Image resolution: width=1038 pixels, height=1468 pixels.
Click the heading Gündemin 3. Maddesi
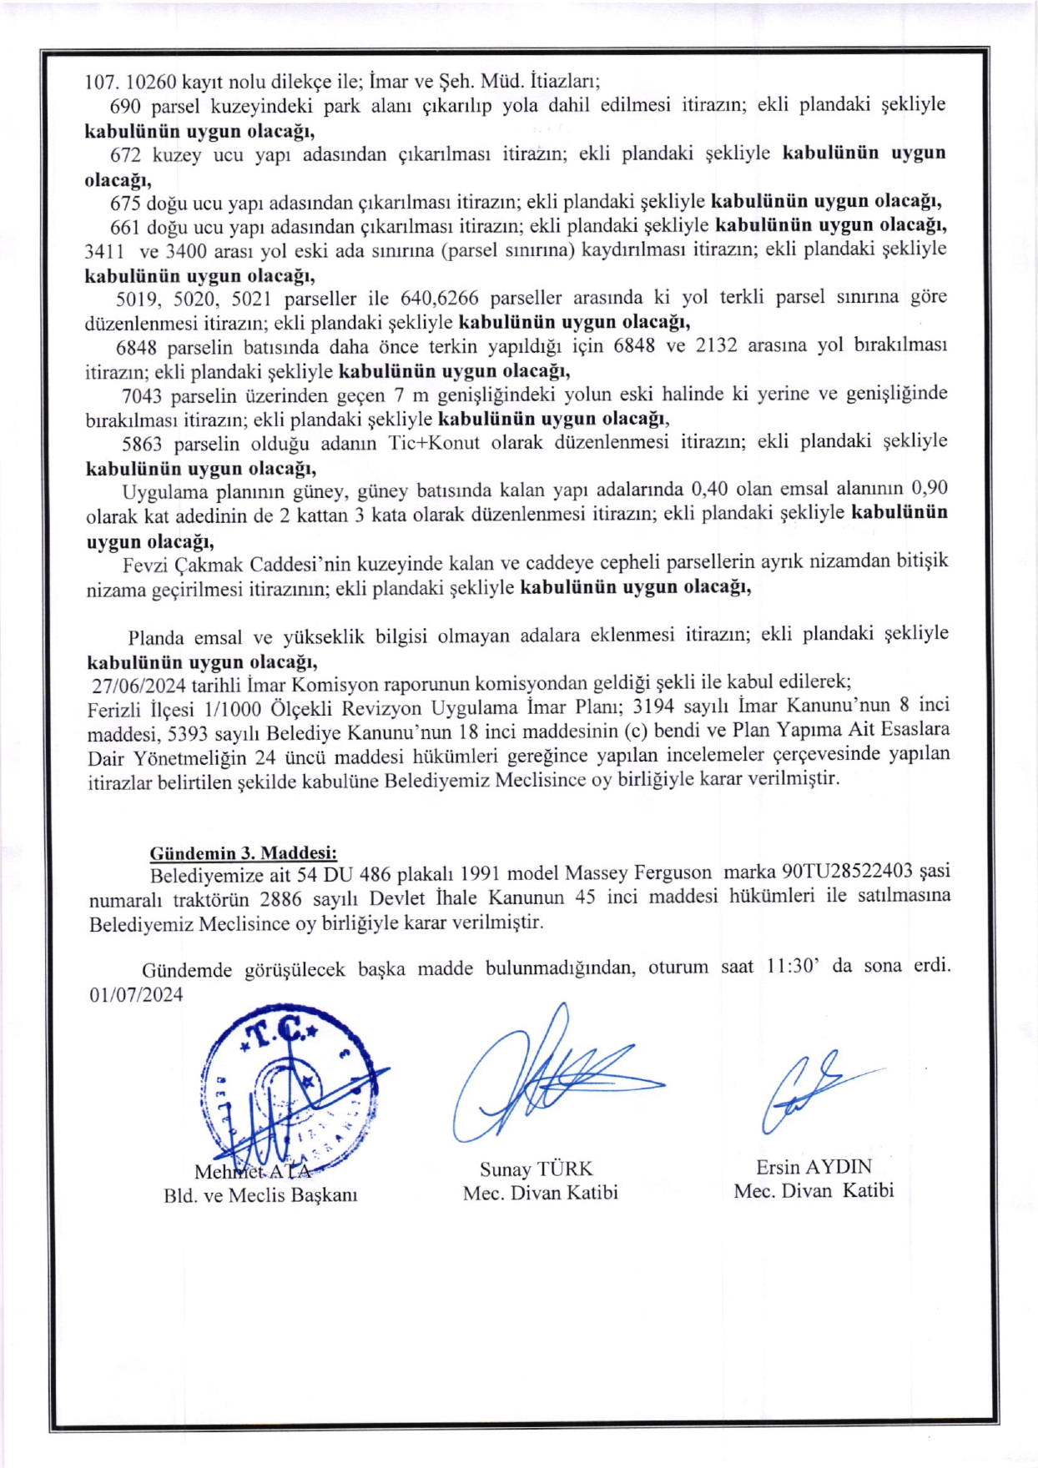(x=243, y=852)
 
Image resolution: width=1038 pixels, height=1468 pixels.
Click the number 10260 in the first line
(x=151, y=82)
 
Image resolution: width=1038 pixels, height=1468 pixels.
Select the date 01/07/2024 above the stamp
(x=136, y=994)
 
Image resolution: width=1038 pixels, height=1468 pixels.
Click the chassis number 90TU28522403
(x=846, y=872)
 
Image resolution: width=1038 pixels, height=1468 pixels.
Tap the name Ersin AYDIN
(x=814, y=1167)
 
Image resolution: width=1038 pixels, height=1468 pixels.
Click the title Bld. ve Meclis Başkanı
(x=260, y=1195)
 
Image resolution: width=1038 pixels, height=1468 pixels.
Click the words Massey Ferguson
(x=638, y=872)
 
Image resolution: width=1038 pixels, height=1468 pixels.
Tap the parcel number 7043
(x=141, y=395)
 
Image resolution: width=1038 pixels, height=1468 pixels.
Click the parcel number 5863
(x=141, y=444)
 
